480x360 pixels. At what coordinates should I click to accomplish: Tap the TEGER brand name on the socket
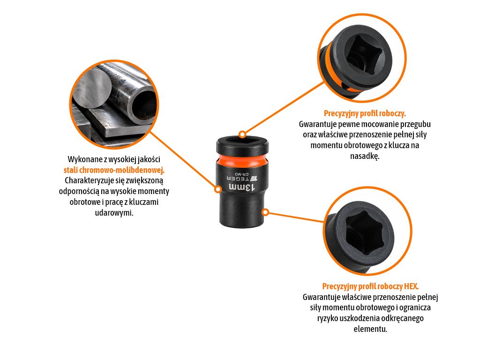238,178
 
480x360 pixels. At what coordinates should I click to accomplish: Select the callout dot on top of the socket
242,134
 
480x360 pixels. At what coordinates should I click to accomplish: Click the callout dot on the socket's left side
217,189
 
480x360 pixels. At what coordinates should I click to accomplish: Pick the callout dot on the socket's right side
265,212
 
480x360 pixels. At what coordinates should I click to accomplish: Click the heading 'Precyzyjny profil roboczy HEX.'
370,286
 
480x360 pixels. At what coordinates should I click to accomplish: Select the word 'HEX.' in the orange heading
411,286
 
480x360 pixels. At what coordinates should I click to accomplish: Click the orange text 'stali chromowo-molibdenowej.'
114,170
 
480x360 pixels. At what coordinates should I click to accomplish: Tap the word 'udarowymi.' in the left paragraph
114,213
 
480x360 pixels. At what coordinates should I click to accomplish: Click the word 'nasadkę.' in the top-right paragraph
365,156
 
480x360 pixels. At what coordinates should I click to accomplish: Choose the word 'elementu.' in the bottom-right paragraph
370,330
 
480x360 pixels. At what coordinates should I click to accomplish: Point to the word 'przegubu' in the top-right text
415,124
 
